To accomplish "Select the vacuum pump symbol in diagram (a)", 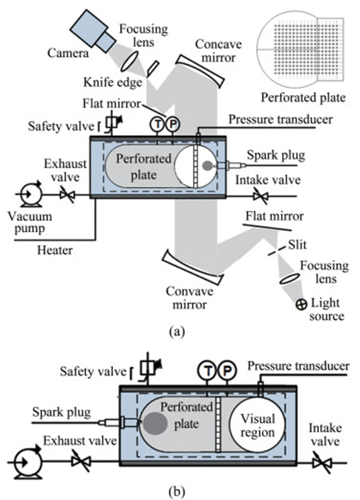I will point(26,195).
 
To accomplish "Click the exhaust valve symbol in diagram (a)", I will point(66,195).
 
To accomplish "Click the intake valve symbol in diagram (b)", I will point(324,462).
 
